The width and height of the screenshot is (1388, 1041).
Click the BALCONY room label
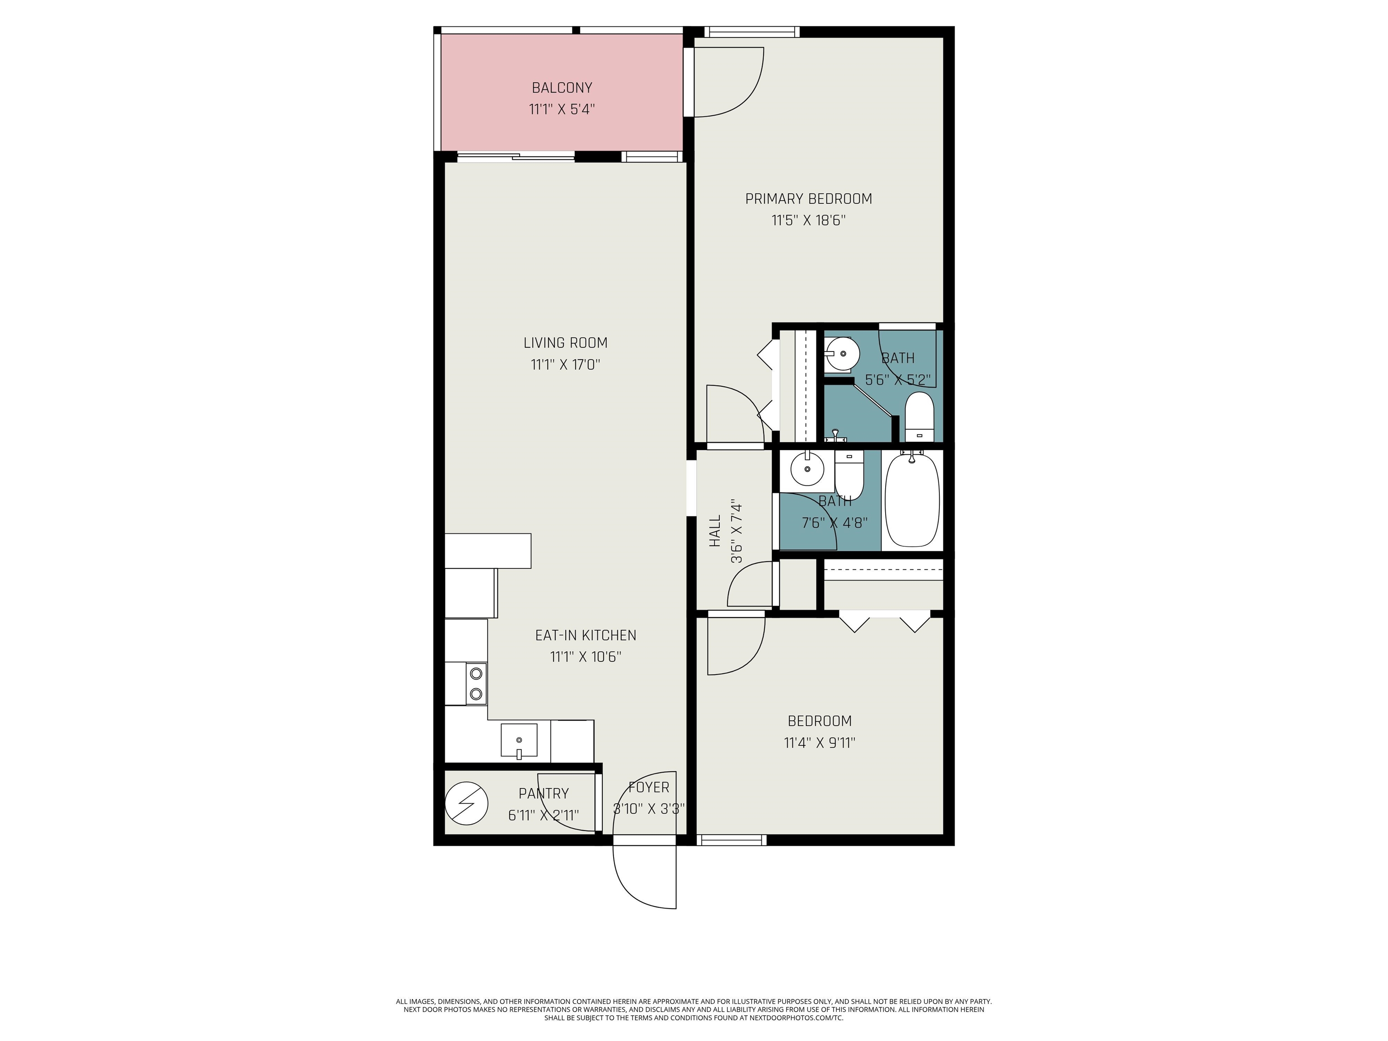pyautogui.click(x=562, y=88)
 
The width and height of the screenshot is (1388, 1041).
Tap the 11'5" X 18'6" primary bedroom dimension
pyautogui.click(x=808, y=220)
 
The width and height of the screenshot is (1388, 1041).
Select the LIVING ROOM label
pyautogui.click(x=565, y=342)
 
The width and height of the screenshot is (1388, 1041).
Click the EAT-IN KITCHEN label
pyautogui.click(x=585, y=635)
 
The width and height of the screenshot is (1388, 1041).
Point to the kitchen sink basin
pyautogui.click(x=519, y=741)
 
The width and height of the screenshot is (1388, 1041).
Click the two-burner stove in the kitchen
pyautogui.click(x=476, y=683)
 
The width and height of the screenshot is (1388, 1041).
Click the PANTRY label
pyautogui.click(x=544, y=793)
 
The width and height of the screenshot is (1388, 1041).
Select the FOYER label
pyautogui.click(x=648, y=787)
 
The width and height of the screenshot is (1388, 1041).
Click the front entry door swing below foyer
pyautogui.click(x=646, y=875)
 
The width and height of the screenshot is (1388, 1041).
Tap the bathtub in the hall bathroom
pyautogui.click(x=912, y=500)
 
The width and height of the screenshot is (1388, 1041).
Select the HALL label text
pyautogui.click(x=715, y=531)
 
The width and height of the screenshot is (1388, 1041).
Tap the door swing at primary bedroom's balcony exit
pyautogui.click(x=728, y=82)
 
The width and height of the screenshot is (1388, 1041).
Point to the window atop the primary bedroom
pyautogui.click(x=752, y=31)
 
